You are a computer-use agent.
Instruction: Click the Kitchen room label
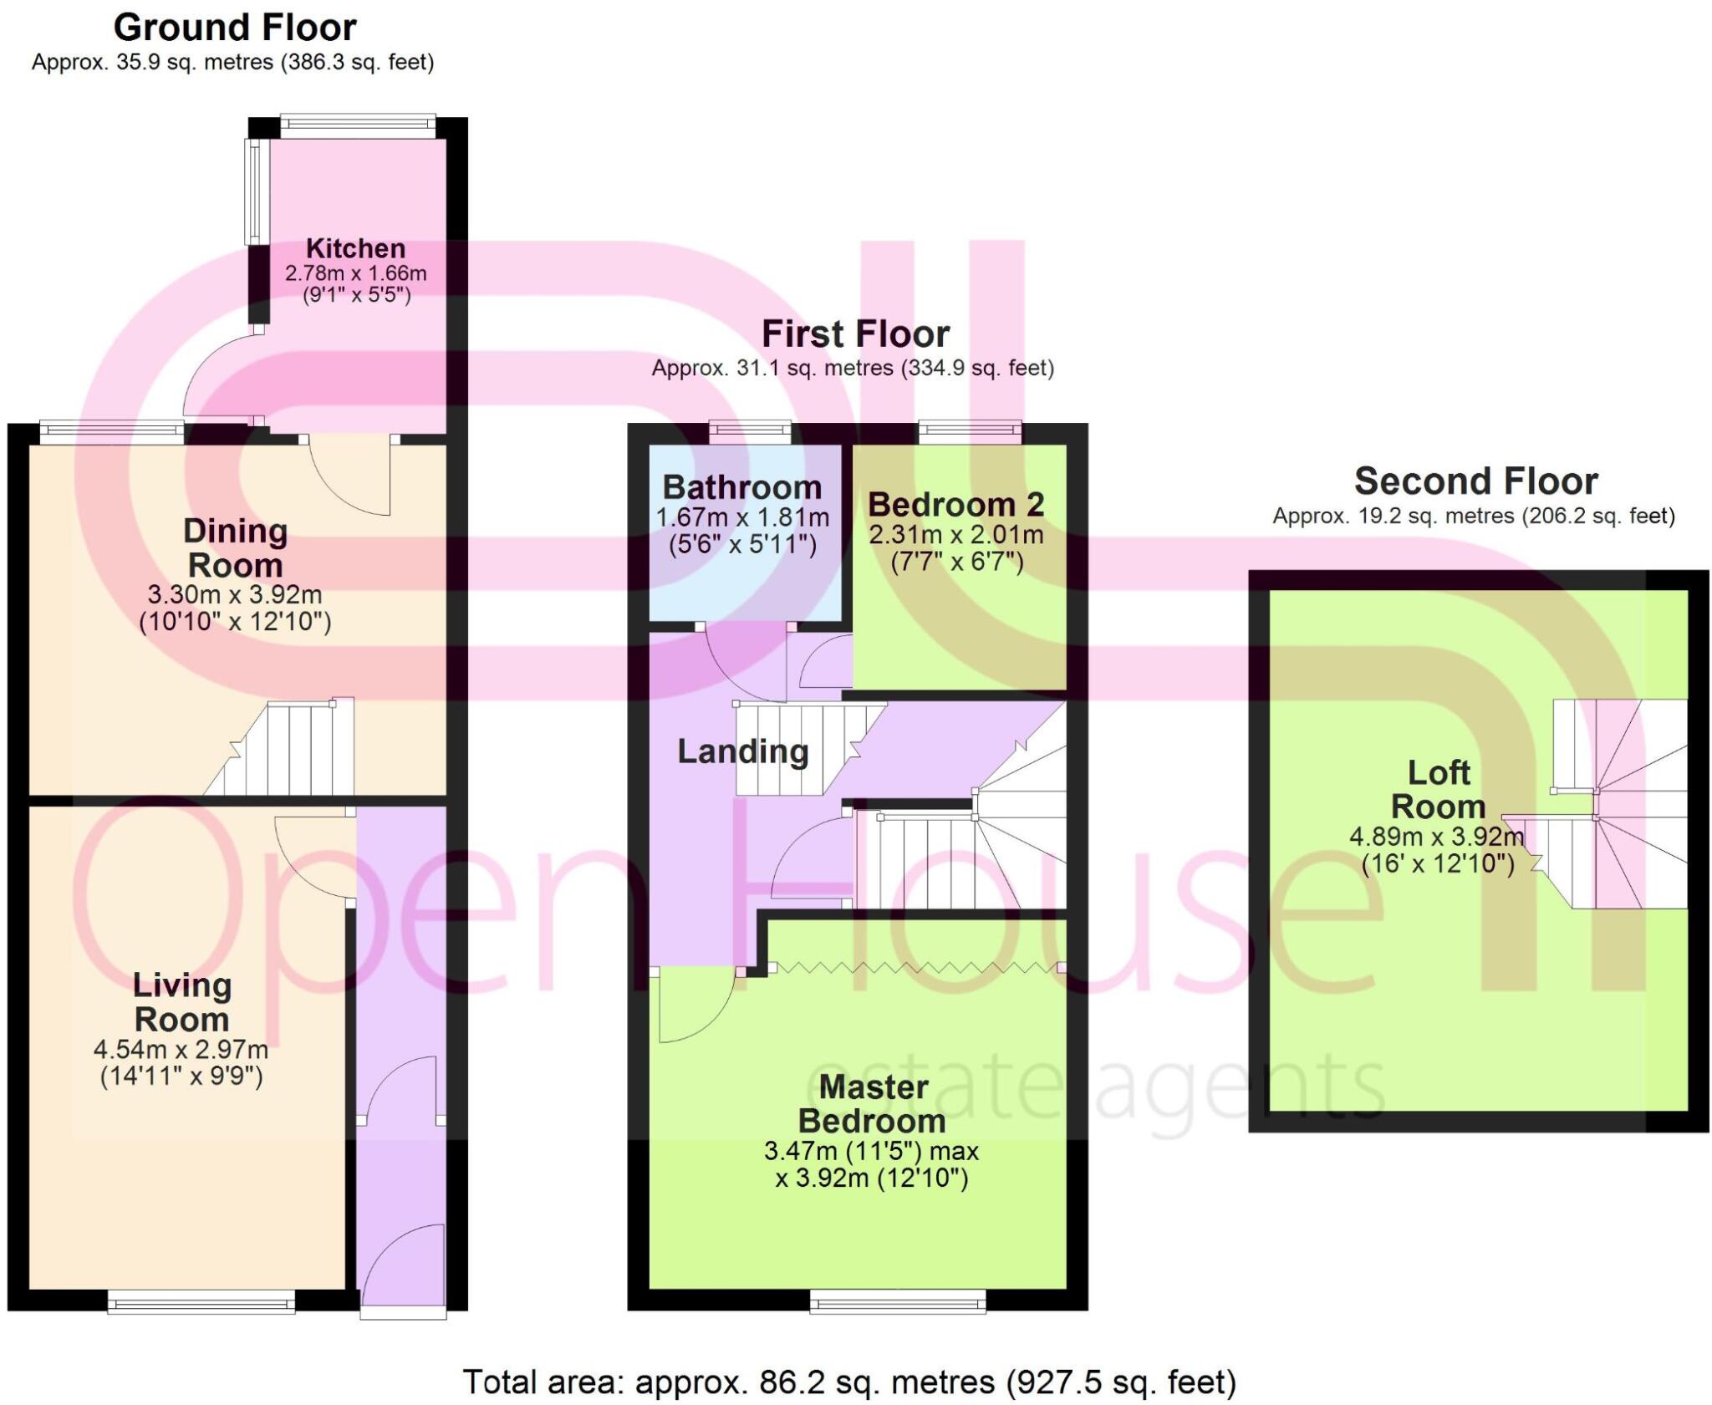click(355, 248)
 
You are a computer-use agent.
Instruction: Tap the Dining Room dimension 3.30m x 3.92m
click(235, 595)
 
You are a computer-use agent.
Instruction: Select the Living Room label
click(181, 1002)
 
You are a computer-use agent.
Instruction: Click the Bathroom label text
click(742, 487)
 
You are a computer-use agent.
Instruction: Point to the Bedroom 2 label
click(956, 504)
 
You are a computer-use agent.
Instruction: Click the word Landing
click(742, 751)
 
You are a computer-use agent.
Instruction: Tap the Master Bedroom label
click(872, 1103)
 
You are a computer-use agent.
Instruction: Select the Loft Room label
click(1438, 790)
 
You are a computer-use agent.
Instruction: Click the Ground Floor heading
click(235, 28)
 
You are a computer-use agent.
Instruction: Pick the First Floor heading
click(855, 334)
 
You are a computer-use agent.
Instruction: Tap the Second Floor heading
click(1475, 481)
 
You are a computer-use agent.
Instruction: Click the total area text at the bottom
click(849, 1382)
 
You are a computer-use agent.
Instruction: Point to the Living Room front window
click(201, 1301)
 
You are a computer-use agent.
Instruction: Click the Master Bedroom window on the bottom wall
click(898, 1301)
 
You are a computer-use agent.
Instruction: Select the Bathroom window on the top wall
click(751, 431)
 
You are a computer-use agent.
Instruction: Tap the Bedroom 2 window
click(971, 431)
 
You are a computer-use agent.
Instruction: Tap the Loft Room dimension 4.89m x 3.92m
click(1437, 836)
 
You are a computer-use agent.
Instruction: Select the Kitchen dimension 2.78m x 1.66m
click(355, 273)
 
